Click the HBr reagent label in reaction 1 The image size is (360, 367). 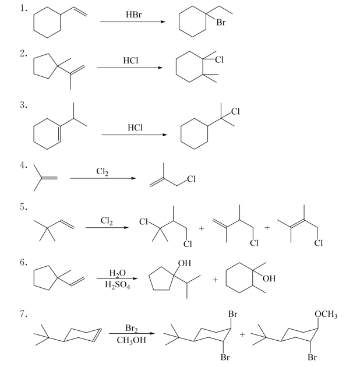(133, 15)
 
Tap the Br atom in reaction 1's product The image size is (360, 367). (221, 23)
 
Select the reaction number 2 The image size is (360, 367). (23, 54)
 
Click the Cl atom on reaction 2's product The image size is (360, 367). (220, 60)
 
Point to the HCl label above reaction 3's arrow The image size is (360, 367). (135, 128)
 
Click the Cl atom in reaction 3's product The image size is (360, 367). (235, 111)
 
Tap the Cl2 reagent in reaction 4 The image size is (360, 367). (103, 172)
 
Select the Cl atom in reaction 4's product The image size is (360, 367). (191, 179)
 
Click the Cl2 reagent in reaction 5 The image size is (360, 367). (107, 221)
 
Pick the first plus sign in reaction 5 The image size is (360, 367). (202, 228)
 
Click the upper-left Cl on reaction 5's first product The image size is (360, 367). (143, 221)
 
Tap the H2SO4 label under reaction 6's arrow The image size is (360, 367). (117, 285)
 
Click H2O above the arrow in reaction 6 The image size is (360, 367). (117, 273)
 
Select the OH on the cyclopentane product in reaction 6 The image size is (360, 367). (185, 263)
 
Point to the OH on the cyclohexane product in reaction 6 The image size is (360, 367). (269, 278)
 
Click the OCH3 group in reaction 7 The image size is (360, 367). (326, 315)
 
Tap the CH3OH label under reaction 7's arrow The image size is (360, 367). (131, 340)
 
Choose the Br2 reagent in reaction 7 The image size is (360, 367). (131, 328)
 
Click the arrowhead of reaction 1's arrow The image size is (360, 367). (163, 22)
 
